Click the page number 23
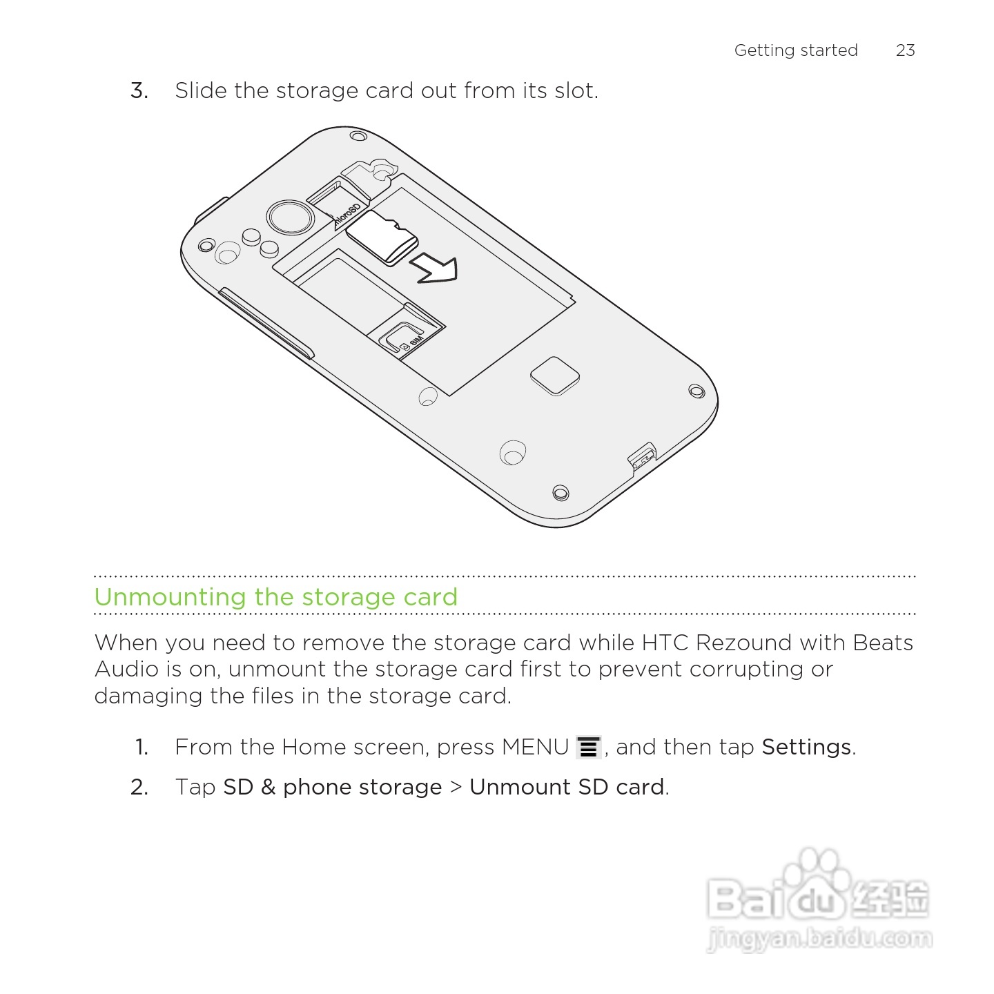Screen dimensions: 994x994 point(905,50)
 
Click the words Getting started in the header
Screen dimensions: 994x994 point(795,50)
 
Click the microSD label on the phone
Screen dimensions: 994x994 point(347,215)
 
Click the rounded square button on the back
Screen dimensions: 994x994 point(554,376)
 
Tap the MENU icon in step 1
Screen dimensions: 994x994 point(588,748)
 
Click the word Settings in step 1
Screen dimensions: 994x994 point(806,748)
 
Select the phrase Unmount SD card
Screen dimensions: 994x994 point(567,788)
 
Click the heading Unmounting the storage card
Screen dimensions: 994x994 point(275,597)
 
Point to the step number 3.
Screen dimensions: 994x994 point(139,91)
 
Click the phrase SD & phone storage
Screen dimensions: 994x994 point(332,788)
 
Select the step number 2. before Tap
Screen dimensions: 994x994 point(139,788)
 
